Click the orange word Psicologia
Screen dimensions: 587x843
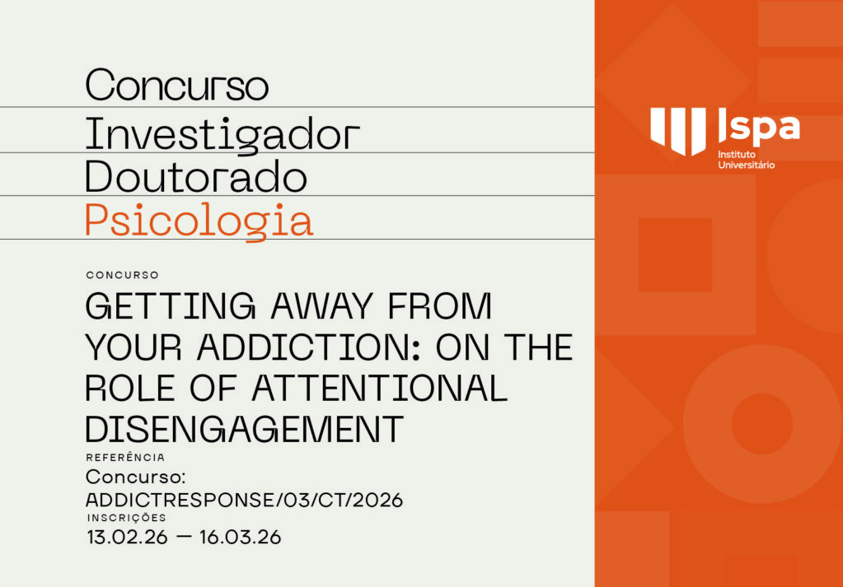point(199,220)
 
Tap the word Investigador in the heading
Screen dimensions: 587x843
point(222,133)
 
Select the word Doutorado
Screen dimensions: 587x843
point(196,176)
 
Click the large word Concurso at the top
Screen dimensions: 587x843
point(177,86)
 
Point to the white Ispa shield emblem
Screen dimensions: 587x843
point(678,130)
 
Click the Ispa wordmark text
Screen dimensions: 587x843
point(758,127)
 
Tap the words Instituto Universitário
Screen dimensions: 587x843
point(746,160)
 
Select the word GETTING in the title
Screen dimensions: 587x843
point(162,307)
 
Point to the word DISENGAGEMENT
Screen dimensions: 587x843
point(245,429)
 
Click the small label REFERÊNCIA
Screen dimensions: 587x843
point(125,457)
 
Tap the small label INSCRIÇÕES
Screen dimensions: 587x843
point(127,518)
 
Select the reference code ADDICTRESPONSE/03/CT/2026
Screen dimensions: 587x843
point(245,500)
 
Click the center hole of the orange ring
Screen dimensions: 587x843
point(761,424)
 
